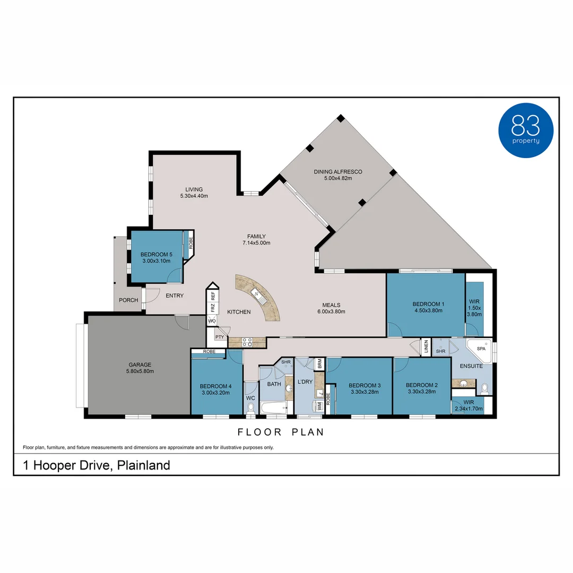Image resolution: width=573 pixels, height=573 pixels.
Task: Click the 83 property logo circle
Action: coord(526,131)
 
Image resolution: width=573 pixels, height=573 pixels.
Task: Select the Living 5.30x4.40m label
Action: coord(194,193)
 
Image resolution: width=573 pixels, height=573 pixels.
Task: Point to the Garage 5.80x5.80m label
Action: coord(140,368)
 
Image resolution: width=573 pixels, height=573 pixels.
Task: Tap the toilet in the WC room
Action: coord(251,408)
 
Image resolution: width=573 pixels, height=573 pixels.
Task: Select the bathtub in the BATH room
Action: coord(273,409)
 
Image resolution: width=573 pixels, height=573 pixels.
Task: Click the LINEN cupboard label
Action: coord(426,347)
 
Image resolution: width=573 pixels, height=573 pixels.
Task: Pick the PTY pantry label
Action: coord(220,337)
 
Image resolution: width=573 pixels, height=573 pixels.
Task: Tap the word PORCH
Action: coord(128,300)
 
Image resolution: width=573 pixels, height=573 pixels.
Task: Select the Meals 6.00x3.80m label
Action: coord(331,308)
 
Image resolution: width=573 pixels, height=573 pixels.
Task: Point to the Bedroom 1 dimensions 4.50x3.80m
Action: coord(428,311)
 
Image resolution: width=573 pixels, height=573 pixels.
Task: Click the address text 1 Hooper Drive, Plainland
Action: coord(97,465)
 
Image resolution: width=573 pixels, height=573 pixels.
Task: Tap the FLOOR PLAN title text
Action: coord(281,432)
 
